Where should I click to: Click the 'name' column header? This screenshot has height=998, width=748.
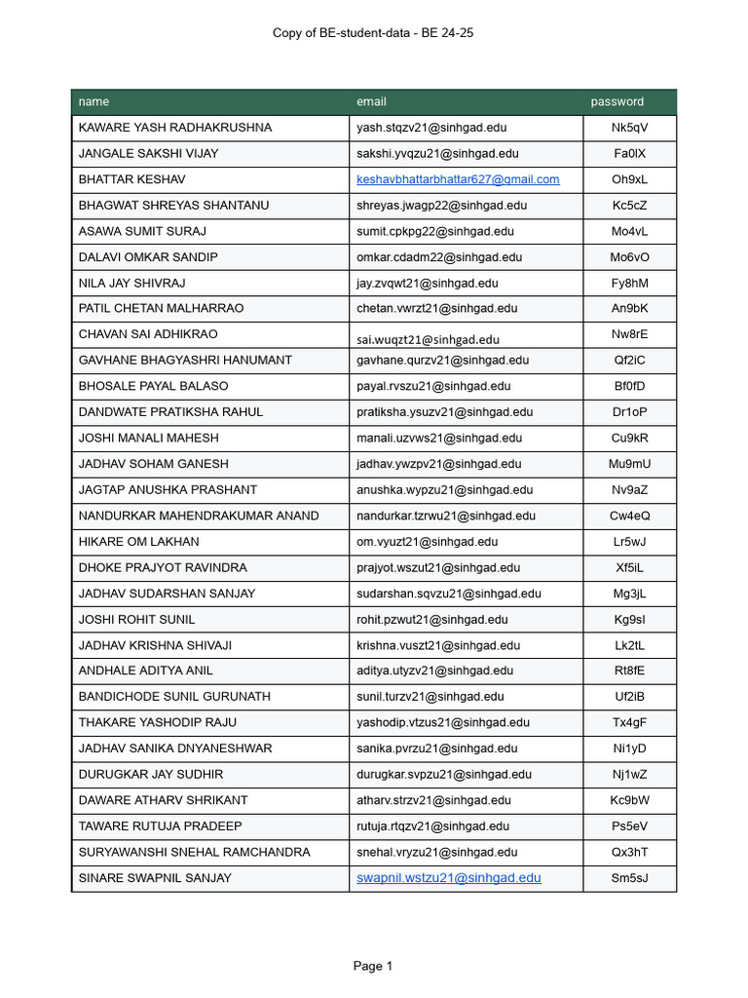pyautogui.click(x=93, y=101)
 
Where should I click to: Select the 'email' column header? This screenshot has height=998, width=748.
pyautogui.click(x=371, y=101)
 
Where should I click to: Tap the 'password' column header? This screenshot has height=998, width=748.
pyautogui.click(x=617, y=101)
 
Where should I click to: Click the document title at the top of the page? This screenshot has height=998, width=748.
pyautogui.click(x=373, y=33)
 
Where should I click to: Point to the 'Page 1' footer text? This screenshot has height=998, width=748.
pyautogui.click(x=373, y=966)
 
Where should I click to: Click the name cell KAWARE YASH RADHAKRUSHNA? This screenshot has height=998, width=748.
pyautogui.click(x=175, y=128)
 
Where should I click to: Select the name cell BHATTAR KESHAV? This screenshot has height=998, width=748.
pyautogui.click(x=131, y=179)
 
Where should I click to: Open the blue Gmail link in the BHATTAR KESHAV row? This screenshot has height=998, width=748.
pyautogui.click(x=458, y=179)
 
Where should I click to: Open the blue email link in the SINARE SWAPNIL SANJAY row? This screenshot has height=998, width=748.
pyautogui.click(x=448, y=878)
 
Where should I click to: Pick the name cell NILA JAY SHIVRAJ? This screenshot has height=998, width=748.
pyautogui.click(x=131, y=283)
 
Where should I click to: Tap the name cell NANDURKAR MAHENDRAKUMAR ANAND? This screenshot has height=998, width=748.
pyautogui.click(x=199, y=516)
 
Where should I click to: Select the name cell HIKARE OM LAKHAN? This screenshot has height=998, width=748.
pyautogui.click(x=138, y=541)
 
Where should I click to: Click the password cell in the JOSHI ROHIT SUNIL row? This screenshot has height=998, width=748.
pyautogui.click(x=629, y=619)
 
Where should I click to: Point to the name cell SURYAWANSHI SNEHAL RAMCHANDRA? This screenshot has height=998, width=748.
pyautogui.click(x=194, y=852)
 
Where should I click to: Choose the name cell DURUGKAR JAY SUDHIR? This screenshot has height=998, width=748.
pyautogui.click(x=151, y=774)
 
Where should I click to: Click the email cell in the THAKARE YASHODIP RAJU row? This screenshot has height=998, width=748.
pyautogui.click(x=443, y=722)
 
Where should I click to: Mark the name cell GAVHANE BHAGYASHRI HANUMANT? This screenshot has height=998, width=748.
pyautogui.click(x=185, y=360)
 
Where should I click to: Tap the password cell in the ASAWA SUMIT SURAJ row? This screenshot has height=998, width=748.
pyautogui.click(x=629, y=231)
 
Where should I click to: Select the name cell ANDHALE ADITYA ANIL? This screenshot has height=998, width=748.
pyautogui.click(x=145, y=671)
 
